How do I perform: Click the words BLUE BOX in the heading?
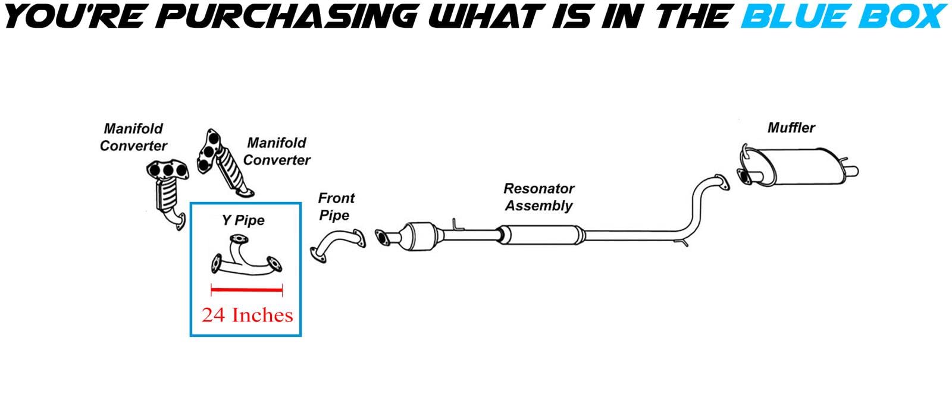843,17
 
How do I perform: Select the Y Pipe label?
243,220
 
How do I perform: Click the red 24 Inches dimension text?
247,314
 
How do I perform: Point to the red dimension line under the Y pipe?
246,290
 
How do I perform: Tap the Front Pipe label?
336,206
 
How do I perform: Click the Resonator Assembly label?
538,197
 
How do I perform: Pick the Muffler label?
791,127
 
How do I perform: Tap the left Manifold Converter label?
133,137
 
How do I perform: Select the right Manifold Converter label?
277,151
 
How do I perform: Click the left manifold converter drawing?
168,190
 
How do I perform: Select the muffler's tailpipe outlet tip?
851,172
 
